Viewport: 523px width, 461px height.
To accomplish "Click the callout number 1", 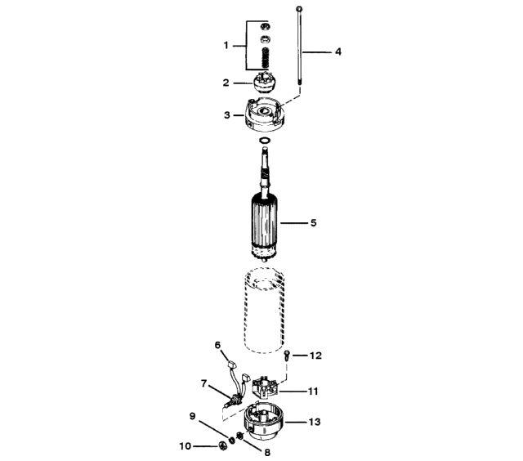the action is [226, 45].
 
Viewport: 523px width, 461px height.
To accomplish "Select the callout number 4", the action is [338, 51].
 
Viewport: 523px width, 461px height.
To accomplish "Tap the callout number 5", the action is [313, 222].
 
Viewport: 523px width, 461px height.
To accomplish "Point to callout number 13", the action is [314, 422].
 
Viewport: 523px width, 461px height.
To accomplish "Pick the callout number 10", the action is [186, 446].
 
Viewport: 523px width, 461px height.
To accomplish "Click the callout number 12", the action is [315, 356].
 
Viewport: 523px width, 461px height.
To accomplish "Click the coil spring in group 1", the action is [266, 58].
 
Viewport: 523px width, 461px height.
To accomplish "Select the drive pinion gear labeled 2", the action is [263, 83].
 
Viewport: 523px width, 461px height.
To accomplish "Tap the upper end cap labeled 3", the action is [265, 114].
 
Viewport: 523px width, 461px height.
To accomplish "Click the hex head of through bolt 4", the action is [299, 9].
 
